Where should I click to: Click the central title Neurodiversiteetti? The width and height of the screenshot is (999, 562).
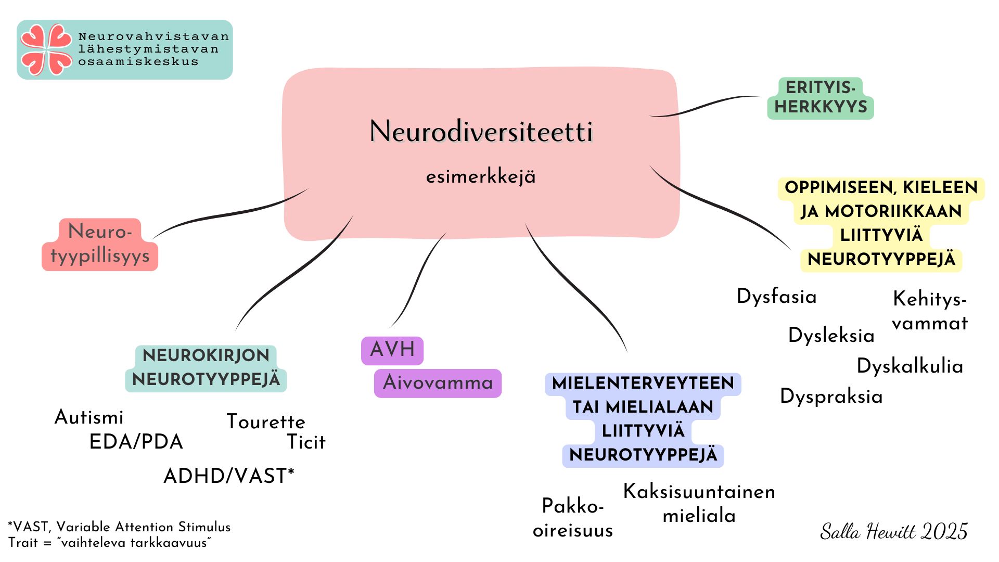(x=481, y=131)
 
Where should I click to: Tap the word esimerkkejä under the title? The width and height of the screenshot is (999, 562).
(x=481, y=177)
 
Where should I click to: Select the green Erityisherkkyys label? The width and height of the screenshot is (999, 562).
(x=821, y=98)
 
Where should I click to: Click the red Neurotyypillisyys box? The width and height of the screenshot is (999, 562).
(x=100, y=245)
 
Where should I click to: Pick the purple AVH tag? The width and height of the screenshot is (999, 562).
(x=392, y=350)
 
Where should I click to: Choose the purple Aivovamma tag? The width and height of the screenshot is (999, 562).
(x=438, y=383)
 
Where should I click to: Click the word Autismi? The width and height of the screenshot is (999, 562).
(x=89, y=417)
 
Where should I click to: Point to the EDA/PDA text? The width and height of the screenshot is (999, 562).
(x=136, y=442)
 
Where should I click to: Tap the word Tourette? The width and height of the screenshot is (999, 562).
(x=266, y=421)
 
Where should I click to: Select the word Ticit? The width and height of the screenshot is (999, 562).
(x=306, y=442)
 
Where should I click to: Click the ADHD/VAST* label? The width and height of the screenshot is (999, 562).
(x=229, y=476)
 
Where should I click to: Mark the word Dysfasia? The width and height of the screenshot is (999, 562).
(x=776, y=297)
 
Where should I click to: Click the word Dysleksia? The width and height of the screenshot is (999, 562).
(x=831, y=335)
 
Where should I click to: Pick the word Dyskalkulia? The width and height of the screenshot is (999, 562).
(x=910, y=366)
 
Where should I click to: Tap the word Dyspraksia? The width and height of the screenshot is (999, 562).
(x=831, y=397)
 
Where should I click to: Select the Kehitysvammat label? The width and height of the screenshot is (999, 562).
(x=929, y=311)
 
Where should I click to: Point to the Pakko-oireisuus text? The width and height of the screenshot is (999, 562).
(x=573, y=518)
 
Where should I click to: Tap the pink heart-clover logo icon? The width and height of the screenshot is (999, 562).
(x=46, y=49)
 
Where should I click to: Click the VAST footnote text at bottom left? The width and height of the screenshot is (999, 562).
(x=119, y=534)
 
